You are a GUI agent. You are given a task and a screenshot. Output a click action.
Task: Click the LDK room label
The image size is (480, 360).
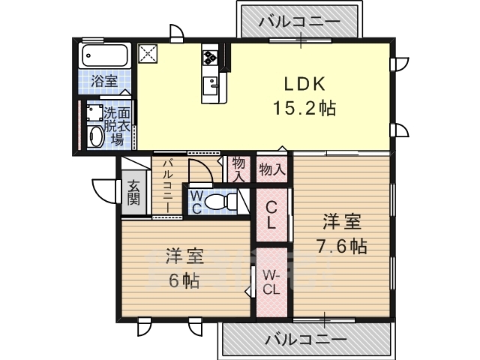[x=304, y=84]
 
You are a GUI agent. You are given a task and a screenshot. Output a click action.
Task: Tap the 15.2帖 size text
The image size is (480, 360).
[x=304, y=108]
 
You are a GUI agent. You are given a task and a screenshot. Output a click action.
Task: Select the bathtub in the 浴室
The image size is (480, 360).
[x=104, y=55]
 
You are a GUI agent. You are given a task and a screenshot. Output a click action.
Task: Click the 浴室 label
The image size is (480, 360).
[x=104, y=81]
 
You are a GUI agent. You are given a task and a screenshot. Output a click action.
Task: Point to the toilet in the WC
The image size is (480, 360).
[x=220, y=202]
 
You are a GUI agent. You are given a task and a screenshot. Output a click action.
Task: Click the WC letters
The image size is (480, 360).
[x=195, y=202]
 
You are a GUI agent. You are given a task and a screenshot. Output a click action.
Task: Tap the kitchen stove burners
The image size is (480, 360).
[x=210, y=57]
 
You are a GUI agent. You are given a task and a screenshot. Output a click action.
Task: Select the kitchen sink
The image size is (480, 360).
[x=210, y=86]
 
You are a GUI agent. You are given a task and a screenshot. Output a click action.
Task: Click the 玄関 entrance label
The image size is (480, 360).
[x=133, y=193]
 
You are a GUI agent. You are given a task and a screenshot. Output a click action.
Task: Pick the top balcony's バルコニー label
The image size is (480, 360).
[x=299, y=22]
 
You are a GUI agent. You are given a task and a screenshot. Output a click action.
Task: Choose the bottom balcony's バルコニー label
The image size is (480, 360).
[x=306, y=340]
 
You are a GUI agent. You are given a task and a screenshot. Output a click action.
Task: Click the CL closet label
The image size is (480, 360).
[x=271, y=215]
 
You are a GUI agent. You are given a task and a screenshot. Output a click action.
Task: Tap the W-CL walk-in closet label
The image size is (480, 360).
[x=271, y=283]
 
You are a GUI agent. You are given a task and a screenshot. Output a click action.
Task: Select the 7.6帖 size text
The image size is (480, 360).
[x=342, y=245]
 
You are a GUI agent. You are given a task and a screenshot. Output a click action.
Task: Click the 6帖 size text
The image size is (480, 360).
[x=184, y=280]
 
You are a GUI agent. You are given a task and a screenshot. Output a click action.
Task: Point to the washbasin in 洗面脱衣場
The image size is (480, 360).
[x=95, y=136]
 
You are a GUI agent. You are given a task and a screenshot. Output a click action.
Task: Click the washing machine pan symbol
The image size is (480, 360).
[x=95, y=112]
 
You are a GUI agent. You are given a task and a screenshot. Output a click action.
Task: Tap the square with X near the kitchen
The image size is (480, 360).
[x=148, y=54]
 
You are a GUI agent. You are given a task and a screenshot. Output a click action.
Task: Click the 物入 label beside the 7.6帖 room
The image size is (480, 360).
[x=271, y=169]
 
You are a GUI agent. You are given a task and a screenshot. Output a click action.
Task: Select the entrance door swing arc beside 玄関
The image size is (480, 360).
[x=101, y=193]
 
